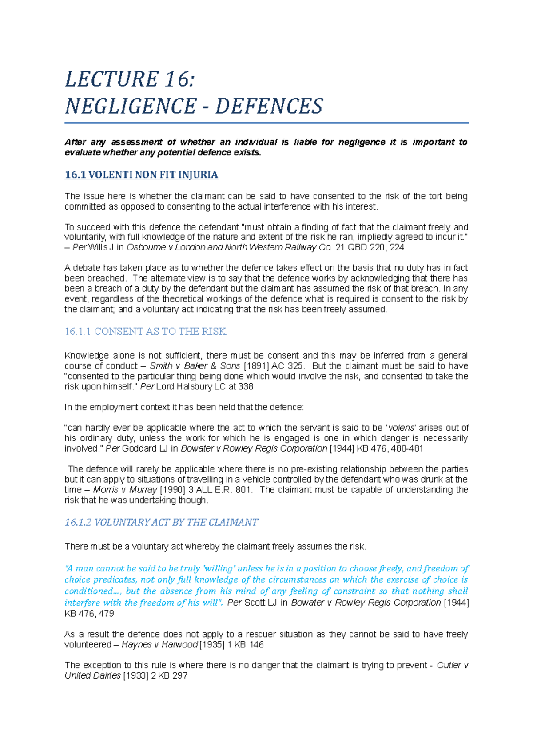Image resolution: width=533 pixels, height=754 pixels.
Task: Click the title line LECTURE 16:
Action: coord(130,79)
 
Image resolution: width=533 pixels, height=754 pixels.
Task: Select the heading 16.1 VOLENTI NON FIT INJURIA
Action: coord(141,175)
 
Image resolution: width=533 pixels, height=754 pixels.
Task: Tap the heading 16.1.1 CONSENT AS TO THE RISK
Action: coord(145,331)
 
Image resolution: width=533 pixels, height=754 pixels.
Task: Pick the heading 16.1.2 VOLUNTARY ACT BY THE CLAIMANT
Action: coord(161,522)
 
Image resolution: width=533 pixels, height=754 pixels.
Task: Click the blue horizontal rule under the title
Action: coord(266,123)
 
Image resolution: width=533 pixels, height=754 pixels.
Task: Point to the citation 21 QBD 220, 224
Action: coord(370,247)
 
